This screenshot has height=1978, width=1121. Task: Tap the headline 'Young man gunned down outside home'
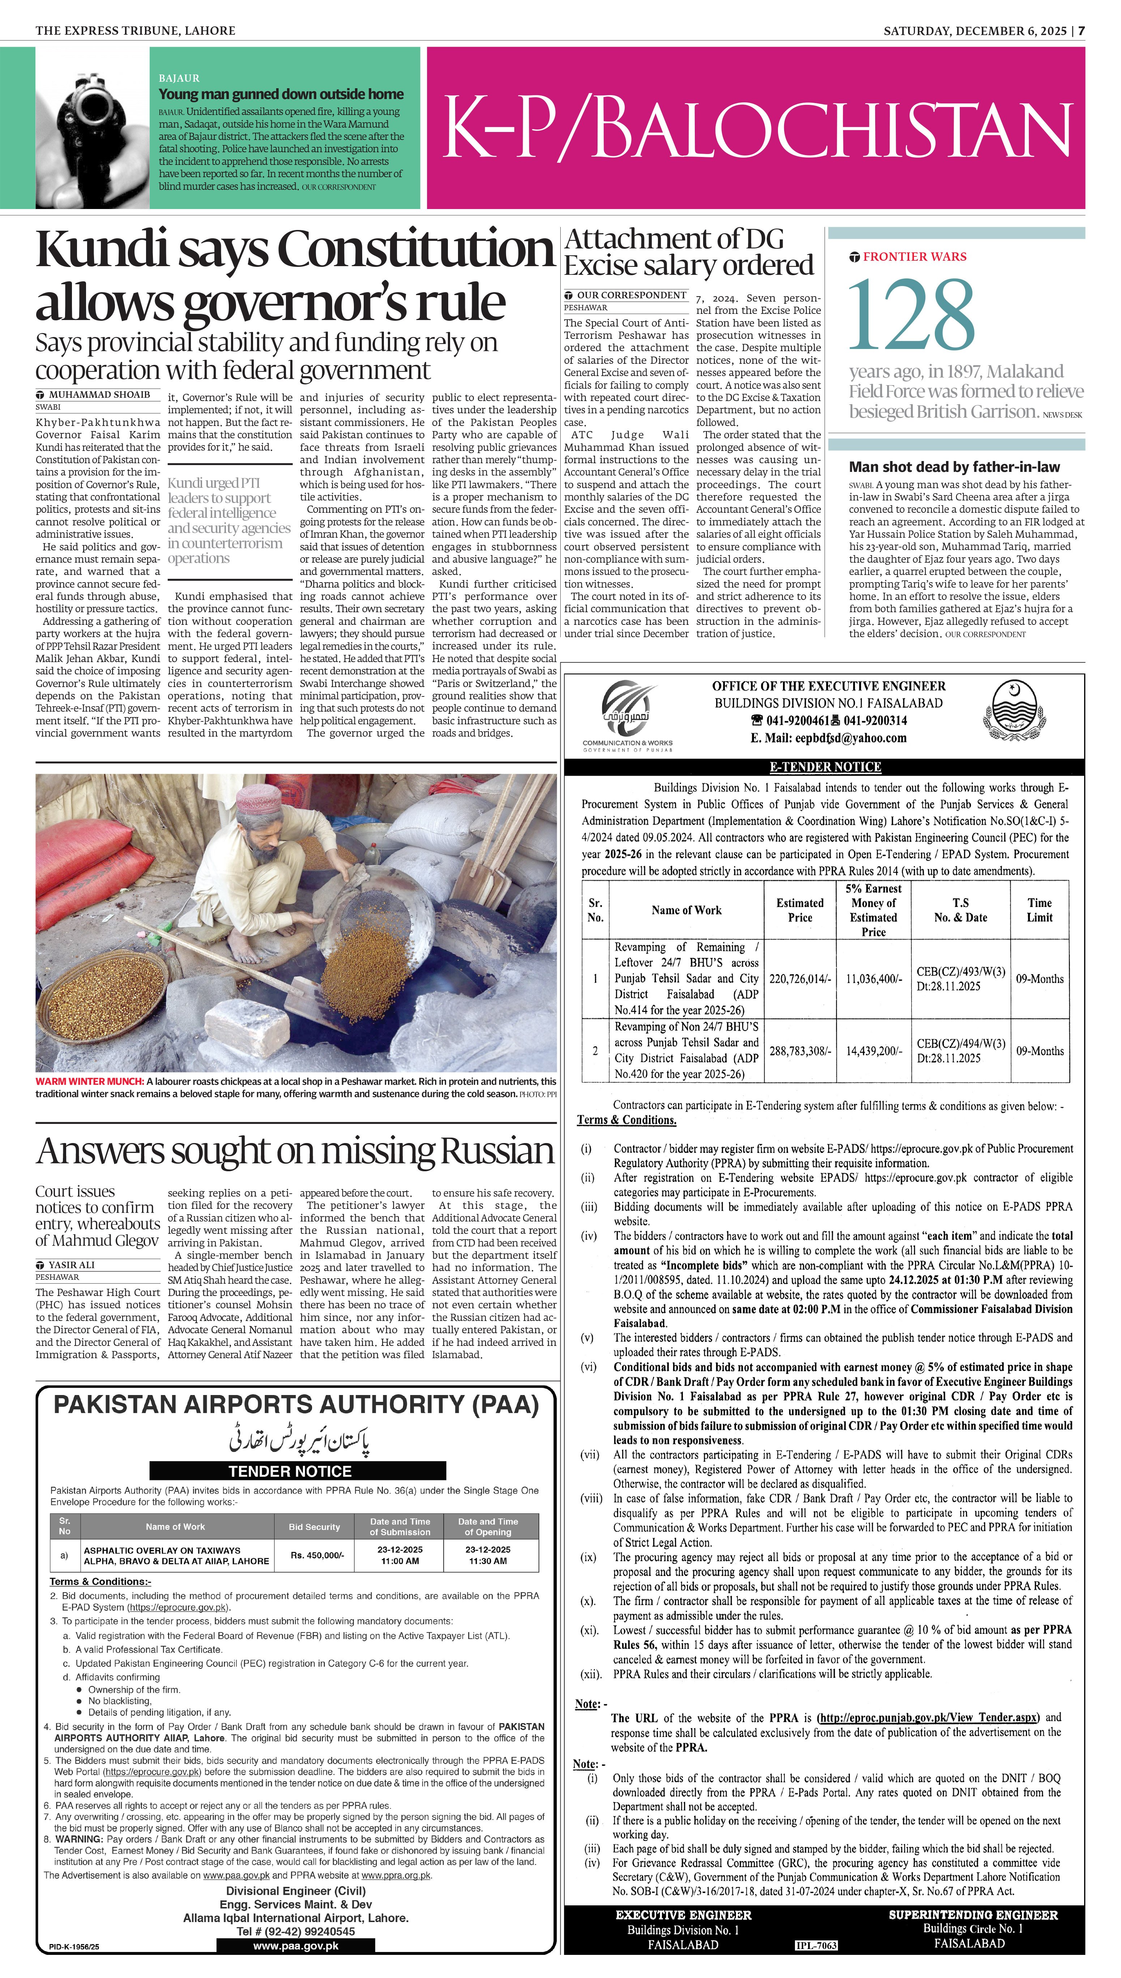point(281,94)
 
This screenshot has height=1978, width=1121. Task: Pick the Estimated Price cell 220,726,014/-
point(800,979)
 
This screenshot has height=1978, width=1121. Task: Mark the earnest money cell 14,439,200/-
point(873,1051)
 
